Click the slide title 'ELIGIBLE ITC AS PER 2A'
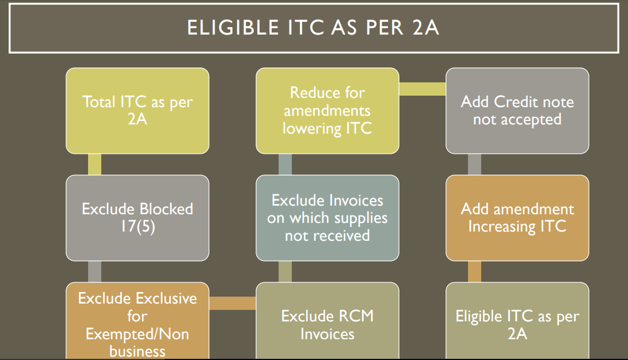point(313,28)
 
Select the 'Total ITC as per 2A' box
point(138,111)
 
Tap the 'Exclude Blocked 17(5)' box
point(138,218)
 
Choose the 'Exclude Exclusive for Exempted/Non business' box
point(138,321)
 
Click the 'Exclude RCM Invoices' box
point(327,321)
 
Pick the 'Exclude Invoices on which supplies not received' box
point(327,218)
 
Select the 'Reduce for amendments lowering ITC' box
point(327,111)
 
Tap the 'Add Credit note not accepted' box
point(517,111)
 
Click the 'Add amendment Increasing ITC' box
point(517,218)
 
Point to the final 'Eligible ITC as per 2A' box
point(517,321)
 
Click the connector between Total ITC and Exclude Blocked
point(94,164)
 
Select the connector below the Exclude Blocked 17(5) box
point(94,272)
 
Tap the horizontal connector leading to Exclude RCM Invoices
point(233,303)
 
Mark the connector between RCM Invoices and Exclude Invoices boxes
point(285,272)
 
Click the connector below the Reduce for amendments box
point(285,164)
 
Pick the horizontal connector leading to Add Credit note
point(422,89)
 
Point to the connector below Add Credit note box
point(475,164)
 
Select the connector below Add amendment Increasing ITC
point(475,272)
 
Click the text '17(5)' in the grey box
point(138,226)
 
